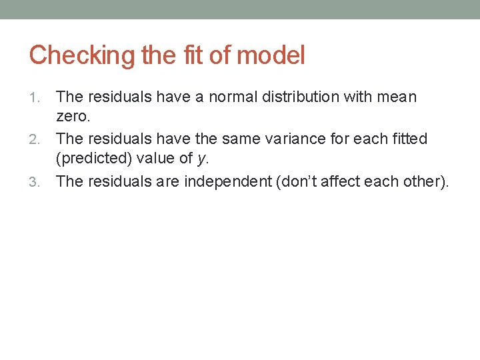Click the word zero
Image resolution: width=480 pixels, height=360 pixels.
[72, 117]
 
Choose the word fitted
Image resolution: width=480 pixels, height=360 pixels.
[408, 139]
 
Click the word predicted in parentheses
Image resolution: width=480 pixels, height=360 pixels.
[93, 160]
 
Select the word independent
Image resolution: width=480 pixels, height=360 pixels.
[227, 181]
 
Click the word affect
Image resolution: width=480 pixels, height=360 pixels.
[337, 181]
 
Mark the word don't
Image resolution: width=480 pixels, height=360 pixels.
[293, 181]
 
